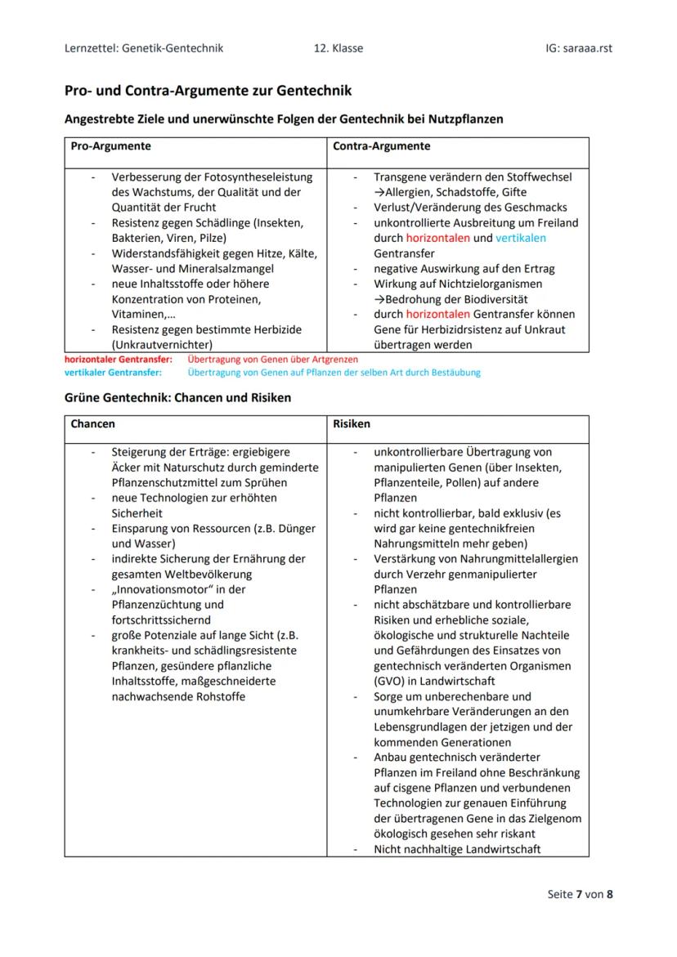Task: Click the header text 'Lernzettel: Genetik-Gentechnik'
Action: pyautogui.click(x=143, y=48)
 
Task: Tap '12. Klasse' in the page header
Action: pyautogui.click(x=338, y=48)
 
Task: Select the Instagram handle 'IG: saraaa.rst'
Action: pyautogui.click(x=578, y=48)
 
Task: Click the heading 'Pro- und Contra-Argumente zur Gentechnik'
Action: pyautogui.click(x=208, y=90)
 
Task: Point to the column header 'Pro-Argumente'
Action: pyautogui.click(x=110, y=146)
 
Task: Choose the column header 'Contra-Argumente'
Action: pyautogui.click(x=382, y=146)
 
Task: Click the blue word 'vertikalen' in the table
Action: pyautogui.click(x=521, y=238)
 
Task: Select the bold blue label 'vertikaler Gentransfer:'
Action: pyautogui.click(x=114, y=373)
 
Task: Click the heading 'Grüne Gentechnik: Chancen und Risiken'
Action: pyautogui.click(x=177, y=398)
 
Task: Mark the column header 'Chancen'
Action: pyautogui.click(x=93, y=424)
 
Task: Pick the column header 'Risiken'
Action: pyautogui.click(x=352, y=424)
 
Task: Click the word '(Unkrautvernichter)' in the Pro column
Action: pyautogui.click(x=162, y=345)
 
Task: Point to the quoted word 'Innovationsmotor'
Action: pyautogui.click(x=162, y=589)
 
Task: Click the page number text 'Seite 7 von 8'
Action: pyautogui.click(x=580, y=894)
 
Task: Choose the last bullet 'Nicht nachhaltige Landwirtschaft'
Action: pyautogui.click(x=457, y=849)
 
